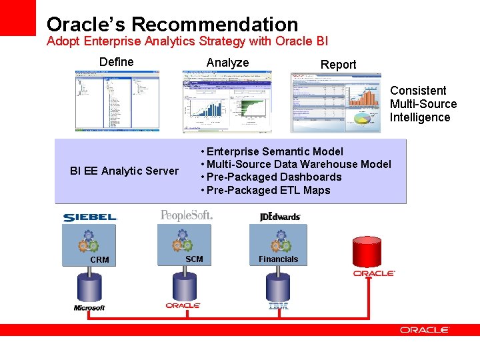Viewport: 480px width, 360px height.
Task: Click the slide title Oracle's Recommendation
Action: [172, 25]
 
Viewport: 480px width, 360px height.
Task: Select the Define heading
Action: [116, 62]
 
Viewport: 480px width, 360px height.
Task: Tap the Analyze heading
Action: [227, 63]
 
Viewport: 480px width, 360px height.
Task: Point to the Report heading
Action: [338, 65]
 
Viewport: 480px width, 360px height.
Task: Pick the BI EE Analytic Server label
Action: [124, 171]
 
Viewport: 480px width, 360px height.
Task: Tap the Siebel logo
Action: [90, 217]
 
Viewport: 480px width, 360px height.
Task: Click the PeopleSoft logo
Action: [186, 215]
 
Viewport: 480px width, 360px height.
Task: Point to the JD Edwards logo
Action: [280, 217]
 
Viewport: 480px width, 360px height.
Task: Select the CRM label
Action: [99, 260]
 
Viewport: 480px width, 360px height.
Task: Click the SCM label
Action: [194, 259]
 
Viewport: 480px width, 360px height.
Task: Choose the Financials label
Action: [278, 259]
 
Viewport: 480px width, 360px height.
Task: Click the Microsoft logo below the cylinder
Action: [89, 308]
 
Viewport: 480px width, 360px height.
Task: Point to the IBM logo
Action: [278, 306]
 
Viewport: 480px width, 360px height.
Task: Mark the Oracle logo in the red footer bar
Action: [425, 330]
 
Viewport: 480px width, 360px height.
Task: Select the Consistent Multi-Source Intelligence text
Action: [423, 104]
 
